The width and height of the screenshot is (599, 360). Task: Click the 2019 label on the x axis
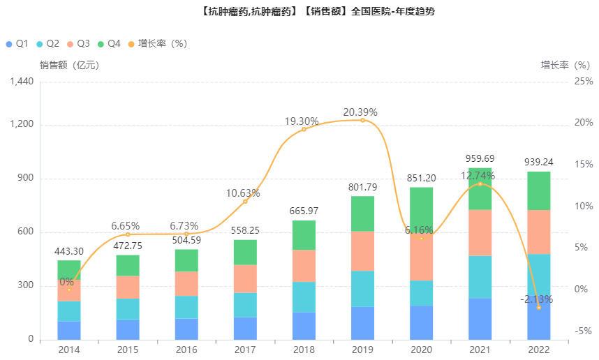tap(362, 350)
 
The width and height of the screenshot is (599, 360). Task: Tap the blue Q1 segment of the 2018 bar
tap(304, 326)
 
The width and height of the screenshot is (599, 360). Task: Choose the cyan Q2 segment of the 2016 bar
tap(186, 307)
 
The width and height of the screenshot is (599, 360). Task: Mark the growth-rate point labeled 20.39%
tap(362, 120)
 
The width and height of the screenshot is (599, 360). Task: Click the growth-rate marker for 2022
tap(538, 307)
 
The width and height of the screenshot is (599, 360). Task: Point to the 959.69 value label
tap(480, 158)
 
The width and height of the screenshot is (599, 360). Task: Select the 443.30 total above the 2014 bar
tap(69, 251)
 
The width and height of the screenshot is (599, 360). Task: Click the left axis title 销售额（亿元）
tap(69, 66)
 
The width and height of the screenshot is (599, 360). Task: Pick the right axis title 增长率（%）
tap(566, 66)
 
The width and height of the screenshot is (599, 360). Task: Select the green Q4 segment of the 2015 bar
tap(128, 265)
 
